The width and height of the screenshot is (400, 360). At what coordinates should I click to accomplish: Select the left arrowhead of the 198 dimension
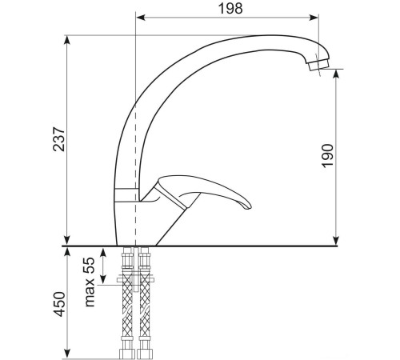[x=141, y=17]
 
